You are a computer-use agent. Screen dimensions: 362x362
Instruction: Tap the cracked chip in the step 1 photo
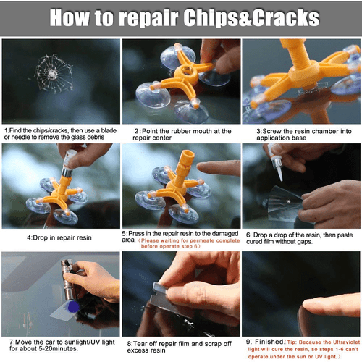click(49, 72)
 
